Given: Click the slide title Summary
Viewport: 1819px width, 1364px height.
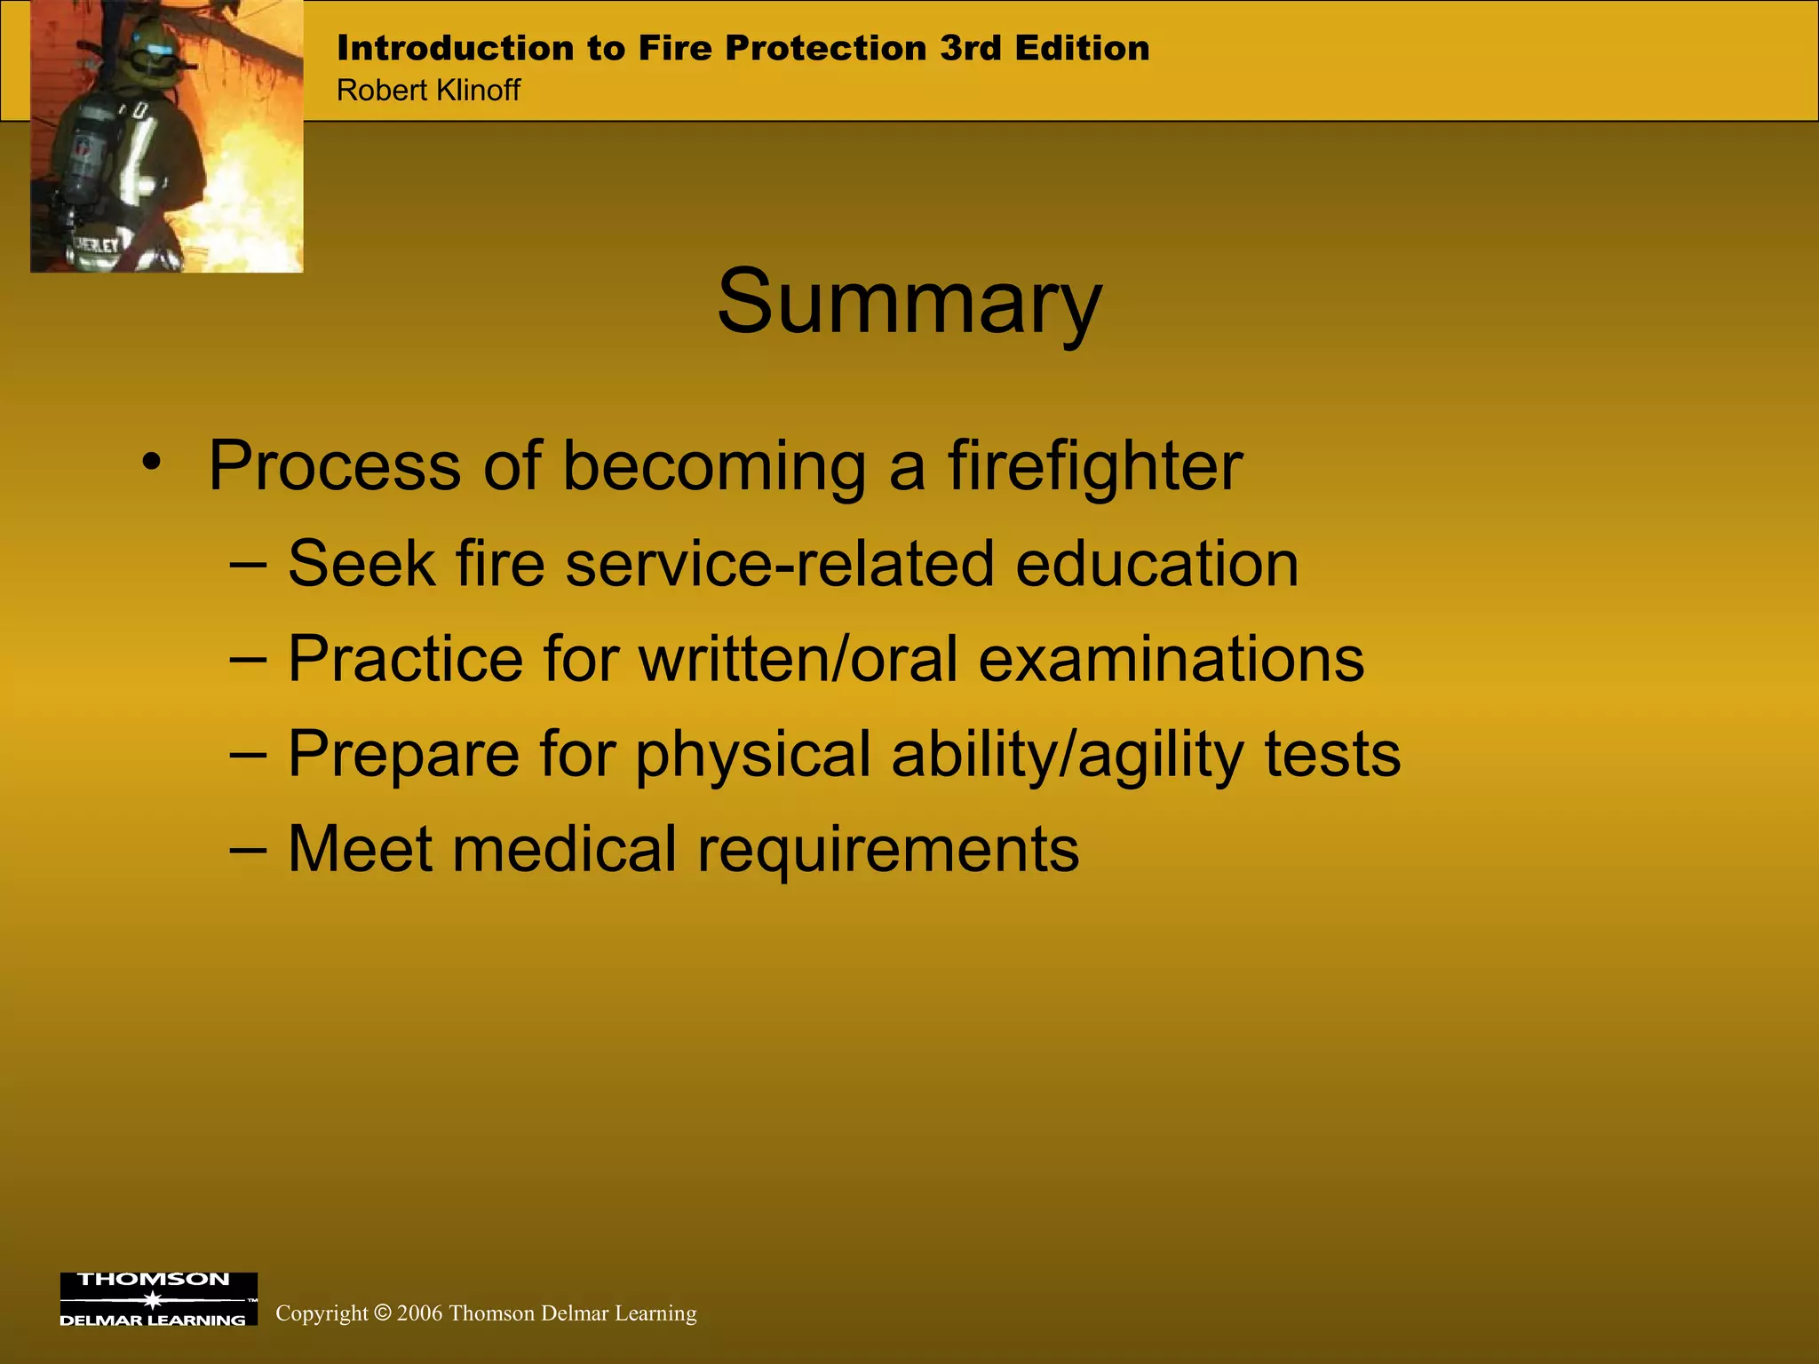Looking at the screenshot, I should pyautogui.click(x=909, y=303).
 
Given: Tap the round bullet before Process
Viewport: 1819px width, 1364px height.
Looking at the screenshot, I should pyautogui.click(x=152, y=463).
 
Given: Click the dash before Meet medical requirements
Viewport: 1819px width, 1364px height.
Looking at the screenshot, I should pyautogui.click(x=248, y=849).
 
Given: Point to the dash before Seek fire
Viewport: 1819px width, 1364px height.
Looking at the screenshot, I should pyautogui.click(x=248, y=564).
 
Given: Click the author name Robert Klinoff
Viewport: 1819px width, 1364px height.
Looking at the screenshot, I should pyautogui.click(x=428, y=91).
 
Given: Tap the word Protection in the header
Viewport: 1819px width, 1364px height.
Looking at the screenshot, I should pyautogui.click(x=825, y=48).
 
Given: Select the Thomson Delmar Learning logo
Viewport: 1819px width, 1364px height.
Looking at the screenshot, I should pyautogui.click(x=158, y=1299).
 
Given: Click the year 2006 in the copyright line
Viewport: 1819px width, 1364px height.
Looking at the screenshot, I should pyautogui.click(x=419, y=1313).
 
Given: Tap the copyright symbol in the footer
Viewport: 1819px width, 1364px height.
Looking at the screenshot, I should pyautogui.click(x=382, y=1313).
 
